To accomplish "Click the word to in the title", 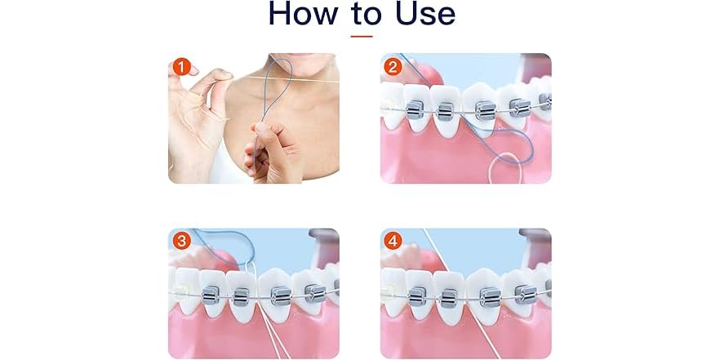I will pyautogui.click(x=362, y=14).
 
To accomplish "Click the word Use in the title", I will pyautogui.click(x=420, y=14).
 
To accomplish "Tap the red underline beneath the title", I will pyautogui.click(x=361, y=36).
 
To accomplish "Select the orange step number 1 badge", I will pyautogui.click(x=181, y=66).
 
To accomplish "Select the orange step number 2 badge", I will pyautogui.click(x=393, y=66).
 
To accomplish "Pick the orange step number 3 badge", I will pyautogui.click(x=181, y=241).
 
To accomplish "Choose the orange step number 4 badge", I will pyautogui.click(x=393, y=241).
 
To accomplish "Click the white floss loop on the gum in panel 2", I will pyautogui.click(x=506, y=163).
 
